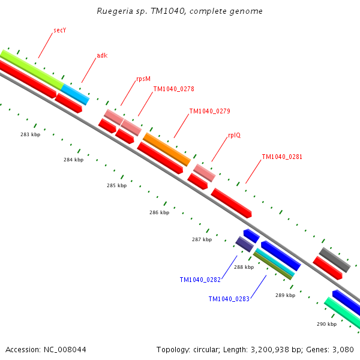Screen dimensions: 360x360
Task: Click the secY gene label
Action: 59,29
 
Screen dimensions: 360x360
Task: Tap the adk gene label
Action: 102,56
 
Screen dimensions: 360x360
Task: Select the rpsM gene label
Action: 143,79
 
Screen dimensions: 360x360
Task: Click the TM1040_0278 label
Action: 173,89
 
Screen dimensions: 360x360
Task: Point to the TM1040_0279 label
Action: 209,111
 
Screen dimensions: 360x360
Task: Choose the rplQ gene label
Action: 234,136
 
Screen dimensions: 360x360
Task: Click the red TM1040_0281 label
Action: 282,157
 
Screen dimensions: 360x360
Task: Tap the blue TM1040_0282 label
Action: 200,280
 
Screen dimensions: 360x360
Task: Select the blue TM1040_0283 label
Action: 229,299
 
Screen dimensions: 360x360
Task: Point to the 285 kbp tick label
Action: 116,185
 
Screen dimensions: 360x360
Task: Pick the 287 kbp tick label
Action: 202,239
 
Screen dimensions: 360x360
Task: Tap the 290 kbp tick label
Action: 326,324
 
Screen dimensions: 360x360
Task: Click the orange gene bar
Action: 167,149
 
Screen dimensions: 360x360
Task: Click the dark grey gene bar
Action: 334,260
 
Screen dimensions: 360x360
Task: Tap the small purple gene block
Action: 244,244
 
